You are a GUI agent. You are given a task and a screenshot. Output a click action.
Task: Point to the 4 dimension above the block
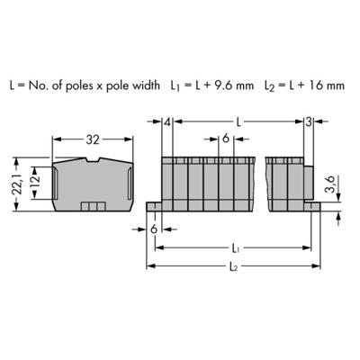coord(167,121)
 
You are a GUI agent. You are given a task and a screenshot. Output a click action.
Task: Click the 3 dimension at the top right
coord(309,121)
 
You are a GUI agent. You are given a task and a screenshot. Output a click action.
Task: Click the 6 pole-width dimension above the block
coord(225,139)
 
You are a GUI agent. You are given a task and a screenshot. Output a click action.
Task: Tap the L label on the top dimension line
coord(237,121)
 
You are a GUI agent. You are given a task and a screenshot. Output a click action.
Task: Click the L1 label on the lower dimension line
coord(236,246)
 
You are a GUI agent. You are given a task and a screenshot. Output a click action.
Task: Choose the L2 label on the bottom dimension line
coord(236,266)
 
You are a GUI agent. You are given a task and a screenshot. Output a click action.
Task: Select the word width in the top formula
coord(140,86)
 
